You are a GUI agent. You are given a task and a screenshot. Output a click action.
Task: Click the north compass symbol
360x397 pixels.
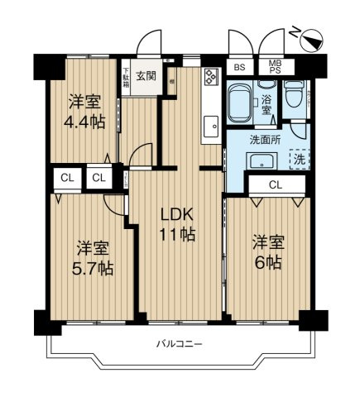tap(308, 37)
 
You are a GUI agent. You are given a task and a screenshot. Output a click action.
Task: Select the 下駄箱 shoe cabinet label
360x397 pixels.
tap(127, 77)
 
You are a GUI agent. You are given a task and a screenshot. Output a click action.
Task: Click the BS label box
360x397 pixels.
tap(239, 68)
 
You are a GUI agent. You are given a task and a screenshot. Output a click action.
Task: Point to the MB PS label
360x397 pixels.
tap(271, 68)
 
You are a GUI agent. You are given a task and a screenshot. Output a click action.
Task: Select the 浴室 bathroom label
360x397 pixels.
tap(266, 103)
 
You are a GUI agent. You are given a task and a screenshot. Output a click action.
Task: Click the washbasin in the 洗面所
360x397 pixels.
tap(263, 160)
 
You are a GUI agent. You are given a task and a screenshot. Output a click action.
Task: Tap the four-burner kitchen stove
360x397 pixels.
tap(210, 78)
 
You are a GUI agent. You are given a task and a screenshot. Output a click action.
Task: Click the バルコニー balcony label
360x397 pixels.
tap(179, 343)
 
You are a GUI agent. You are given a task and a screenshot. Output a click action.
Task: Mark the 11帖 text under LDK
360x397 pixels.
tap(177, 235)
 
